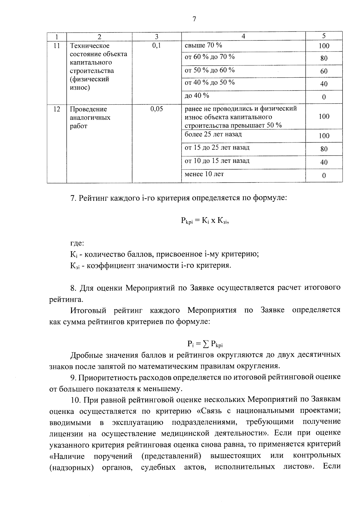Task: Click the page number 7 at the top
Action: pyautogui.click(x=194, y=19)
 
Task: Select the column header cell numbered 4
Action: pyautogui.click(x=243, y=36)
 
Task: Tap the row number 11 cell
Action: pyautogui.click(x=57, y=46)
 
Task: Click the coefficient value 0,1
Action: pyautogui.click(x=157, y=46)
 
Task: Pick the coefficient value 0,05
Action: pyautogui.click(x=157, y=109)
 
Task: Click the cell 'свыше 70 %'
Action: pyautogui.click(x=203, y=45)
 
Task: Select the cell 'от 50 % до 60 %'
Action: pyautogui.click(x=210, y=70)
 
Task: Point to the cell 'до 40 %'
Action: pyautogui.click(x=197, y=96)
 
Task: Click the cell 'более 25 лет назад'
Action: pyautogui.click(x=213, y=134)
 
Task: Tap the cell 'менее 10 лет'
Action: pyautogui.click(x=204, y=174)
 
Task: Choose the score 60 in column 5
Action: pyautogui.click(x=324, y=71)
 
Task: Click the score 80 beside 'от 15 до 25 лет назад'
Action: pyautogui.click(x=324, y=149)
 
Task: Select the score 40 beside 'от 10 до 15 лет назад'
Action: pyautogui.click(x=324, y=162)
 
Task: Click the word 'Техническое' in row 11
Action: pyautogui.click(x=90, y=46)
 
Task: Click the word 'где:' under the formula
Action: pyautogui.click(x=77, y=244)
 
